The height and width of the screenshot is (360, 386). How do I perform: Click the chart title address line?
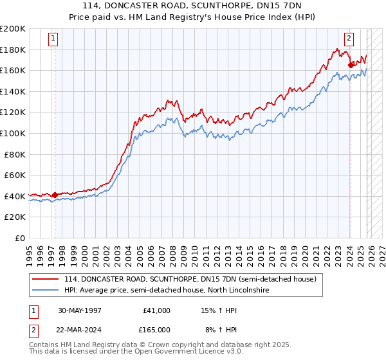[x=193, y=6]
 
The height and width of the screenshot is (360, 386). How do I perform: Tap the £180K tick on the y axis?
[x=13, y=50]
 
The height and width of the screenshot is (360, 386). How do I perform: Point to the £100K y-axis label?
[x=13, y=133]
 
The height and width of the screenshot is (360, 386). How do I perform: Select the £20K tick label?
[x=15, y=217]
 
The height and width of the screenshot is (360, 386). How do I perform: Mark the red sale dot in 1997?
[x=55, y=195]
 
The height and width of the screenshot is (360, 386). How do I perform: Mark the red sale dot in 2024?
[x=350, y=65]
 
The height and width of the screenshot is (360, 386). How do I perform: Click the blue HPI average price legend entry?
[x=165, y=291]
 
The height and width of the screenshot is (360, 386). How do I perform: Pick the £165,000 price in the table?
[x=156, y=330]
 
